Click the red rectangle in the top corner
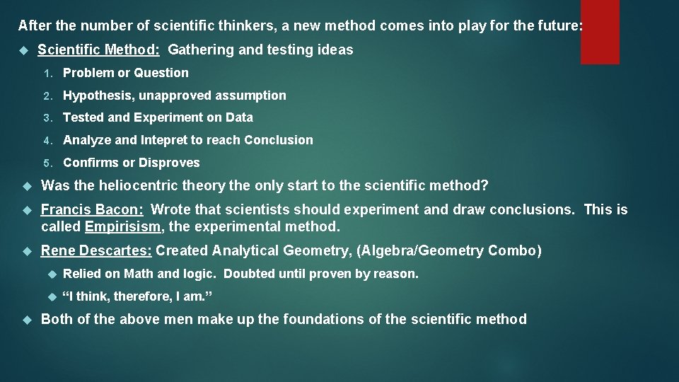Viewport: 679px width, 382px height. pyautogui.click(x=600, y=32)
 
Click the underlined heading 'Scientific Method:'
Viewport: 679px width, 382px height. pyautogui.click(x=99, y=50)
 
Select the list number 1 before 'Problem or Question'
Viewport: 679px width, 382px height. pyautogui.click(x=47, y=73)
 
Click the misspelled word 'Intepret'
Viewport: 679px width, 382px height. pyautogui.click(x=163, y=140)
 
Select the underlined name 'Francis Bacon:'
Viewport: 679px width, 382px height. pyautogui.click(x=93, y=210)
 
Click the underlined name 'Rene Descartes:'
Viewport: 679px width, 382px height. pyautogui.click(x=97, y=250)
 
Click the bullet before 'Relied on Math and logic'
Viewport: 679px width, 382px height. pyautogui.click(x=50, y=274)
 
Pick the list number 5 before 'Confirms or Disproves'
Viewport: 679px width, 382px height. pyautogui.click(x=47, y=163)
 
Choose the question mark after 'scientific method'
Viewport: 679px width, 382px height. pyautogui.click(x=484, y=186)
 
